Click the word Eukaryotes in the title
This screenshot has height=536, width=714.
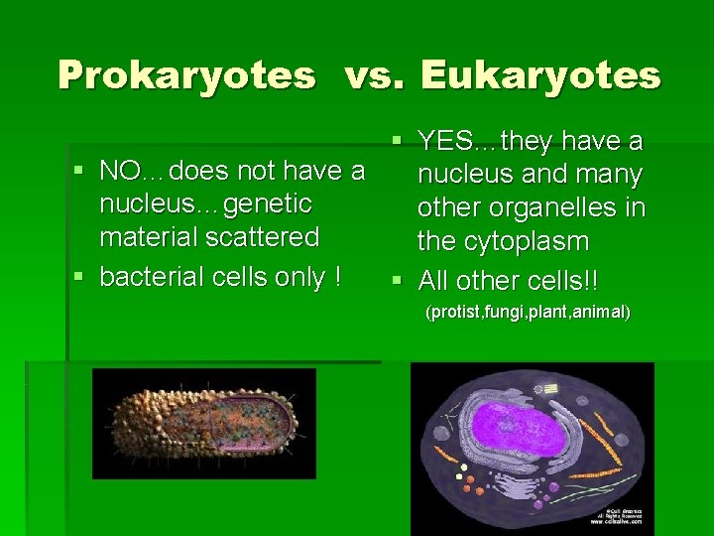(x=540, y=75)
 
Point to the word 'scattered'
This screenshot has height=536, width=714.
(x=265, y=238)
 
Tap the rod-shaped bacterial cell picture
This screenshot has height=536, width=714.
(x=203, y=422)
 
